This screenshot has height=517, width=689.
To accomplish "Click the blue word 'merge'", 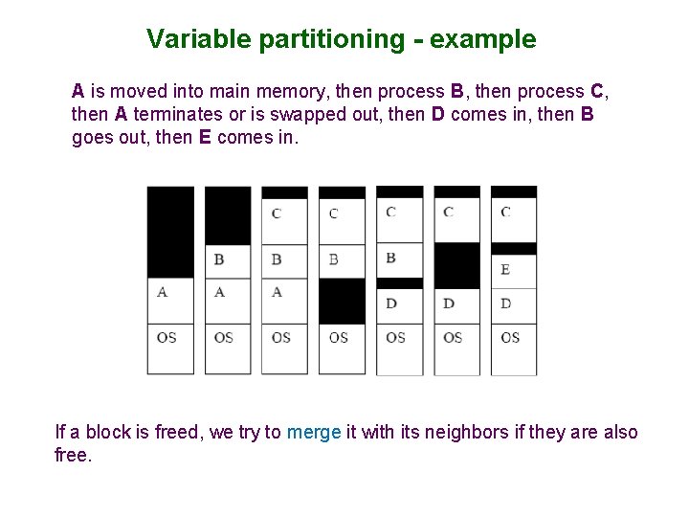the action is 314,433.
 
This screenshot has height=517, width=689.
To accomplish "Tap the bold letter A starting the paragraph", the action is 78,92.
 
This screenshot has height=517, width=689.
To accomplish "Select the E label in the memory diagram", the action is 505,270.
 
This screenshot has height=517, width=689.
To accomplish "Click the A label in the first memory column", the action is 162,292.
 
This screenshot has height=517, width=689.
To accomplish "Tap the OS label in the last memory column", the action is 510,337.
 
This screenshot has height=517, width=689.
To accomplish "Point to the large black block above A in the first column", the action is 170,231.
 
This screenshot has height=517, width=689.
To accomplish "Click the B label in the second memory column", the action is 219,259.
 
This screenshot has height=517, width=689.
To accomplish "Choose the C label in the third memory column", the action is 277,213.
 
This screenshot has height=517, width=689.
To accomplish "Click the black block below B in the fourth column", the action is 342,301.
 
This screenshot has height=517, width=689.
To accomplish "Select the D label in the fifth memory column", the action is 391,303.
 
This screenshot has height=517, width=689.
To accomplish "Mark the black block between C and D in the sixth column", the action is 456,265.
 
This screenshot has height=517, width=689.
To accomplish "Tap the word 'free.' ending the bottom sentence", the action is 74,456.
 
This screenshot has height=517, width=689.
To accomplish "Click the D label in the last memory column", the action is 505,303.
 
